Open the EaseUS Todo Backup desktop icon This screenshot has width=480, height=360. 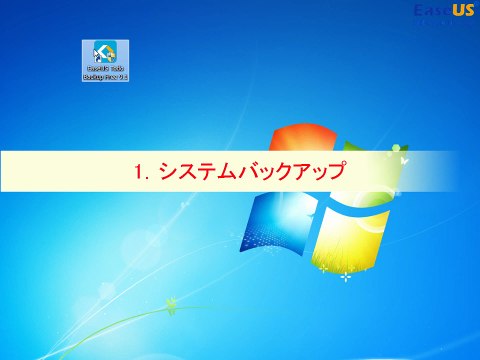coord(105,53)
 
